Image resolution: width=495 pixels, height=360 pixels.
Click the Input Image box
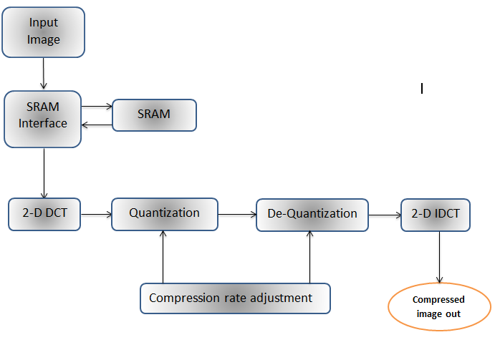coord(43,32)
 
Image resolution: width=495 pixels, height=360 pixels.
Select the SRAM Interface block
coord(43,119)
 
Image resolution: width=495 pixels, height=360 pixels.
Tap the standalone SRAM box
coord(155,115)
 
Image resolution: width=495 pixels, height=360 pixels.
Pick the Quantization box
coord(164,214)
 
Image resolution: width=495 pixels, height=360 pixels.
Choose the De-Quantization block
coord(312,215)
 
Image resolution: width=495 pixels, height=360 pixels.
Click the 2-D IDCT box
coord(436,215)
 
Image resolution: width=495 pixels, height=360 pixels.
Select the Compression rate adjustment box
coord(235,298)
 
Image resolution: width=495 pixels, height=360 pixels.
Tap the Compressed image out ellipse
coord(439,307)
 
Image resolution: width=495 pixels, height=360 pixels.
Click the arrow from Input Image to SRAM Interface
coord(44,74)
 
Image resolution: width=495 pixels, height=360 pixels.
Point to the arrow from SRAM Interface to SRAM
coord(97,107)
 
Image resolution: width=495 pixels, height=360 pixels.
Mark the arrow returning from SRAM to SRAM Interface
coord(97,126)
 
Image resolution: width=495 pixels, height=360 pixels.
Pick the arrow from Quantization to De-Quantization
coord(236,214)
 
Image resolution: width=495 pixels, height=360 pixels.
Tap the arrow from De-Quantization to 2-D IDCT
coord(384,214)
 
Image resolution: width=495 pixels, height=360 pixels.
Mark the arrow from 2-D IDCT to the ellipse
coord(439,258)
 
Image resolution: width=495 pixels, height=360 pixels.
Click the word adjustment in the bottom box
coord(284,298)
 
